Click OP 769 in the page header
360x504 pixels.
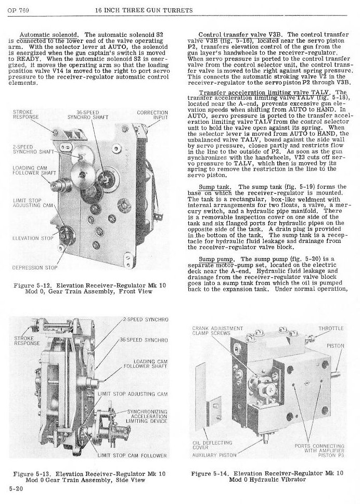tap(19, 10)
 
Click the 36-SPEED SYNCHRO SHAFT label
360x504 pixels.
tap(87, 115)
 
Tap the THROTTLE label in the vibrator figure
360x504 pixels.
tap(330, 329)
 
